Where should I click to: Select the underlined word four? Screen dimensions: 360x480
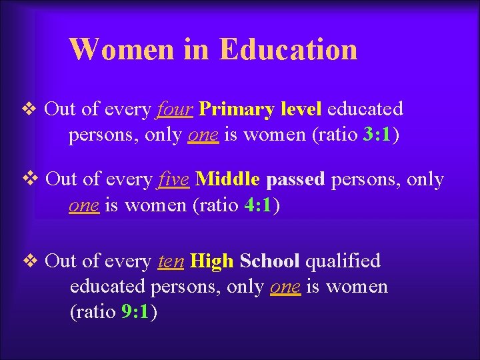[x=175, y=109]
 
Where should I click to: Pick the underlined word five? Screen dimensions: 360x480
[x=175, y=179]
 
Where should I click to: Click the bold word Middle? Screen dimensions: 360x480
[x=228, y=179]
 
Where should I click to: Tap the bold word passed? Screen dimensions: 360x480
[x=295, y=180]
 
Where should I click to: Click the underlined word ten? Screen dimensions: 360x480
[x=171, y=261]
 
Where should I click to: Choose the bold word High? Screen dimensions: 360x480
[x=211, y=261]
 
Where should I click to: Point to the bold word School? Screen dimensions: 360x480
[x=270, y=261]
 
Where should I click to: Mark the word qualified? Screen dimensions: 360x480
[x=343, y=261]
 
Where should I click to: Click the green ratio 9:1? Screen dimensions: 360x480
[x=137, y=313]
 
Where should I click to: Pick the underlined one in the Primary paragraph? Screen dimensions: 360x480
[x=203, y=135]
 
